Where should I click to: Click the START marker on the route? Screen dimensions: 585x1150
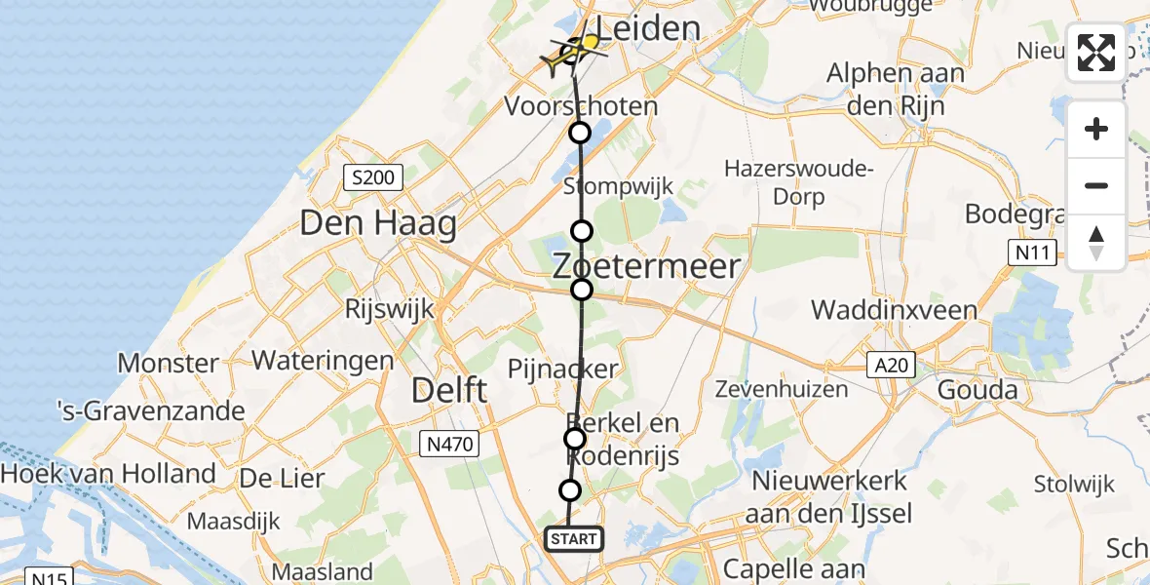pyautogui.click(x=574, y=539)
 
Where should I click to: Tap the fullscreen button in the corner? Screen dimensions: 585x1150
pyautogui.click(x=1096, y=53)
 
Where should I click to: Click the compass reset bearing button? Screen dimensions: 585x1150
pyautogui.click(x=1096, y=243)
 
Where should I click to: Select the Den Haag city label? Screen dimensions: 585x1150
pyautogui.click(x=378, y=224)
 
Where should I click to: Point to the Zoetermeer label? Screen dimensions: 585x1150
pyautogui.click(x=647, y=265)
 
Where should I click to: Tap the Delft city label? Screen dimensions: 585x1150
pyautogui.click(x=449, y=391)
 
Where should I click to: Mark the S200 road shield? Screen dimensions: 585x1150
pyautogui.click(x=373, y=177)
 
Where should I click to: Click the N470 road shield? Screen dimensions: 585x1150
pyautogui.click(x=450, y=445)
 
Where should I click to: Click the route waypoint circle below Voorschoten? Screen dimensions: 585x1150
pyautogui.click(x=580, y=133)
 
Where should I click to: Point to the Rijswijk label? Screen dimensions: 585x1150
pyautogui.click(x=389, y=308)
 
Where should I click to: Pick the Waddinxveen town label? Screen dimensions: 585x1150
pyautogui.click(x=894, y=310)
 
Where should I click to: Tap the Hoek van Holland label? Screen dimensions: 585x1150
pyautogui.click(x=108, y=474)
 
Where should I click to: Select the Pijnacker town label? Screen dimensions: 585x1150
pyautogui.click(x=562, y=369)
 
